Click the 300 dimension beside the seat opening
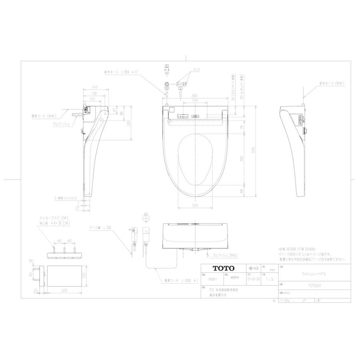(241, 159)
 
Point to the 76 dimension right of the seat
(241, 127)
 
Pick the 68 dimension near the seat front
(241, 191)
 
